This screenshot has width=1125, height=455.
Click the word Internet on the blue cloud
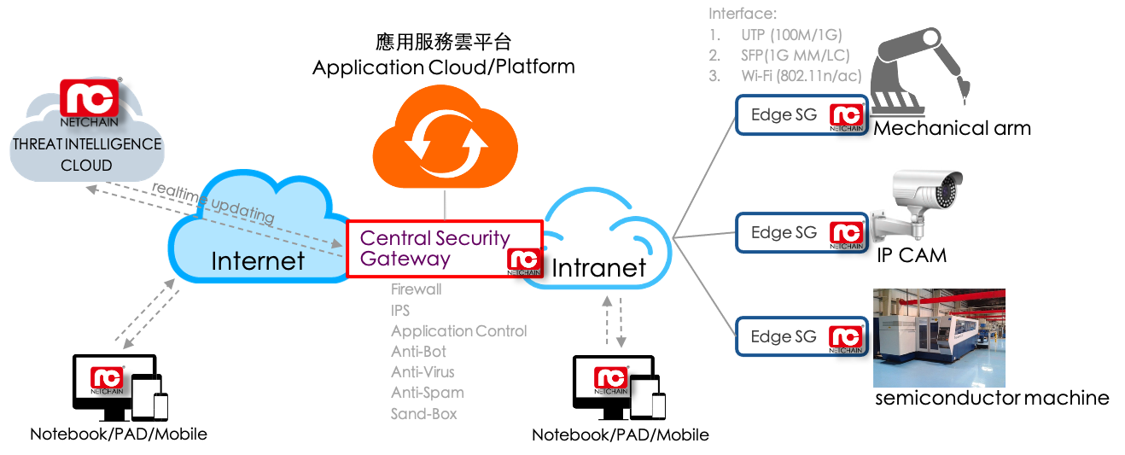[x=258, y=260]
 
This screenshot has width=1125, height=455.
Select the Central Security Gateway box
[x=444, y=248]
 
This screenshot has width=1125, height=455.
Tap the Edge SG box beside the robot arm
[x=801, y=115]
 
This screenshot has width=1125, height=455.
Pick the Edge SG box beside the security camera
[x=801, y=232]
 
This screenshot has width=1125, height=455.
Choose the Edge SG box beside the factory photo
[x=801, y=336]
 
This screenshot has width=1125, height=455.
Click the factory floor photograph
[x=939, y=338]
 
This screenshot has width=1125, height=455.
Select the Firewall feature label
[x=416, y=289]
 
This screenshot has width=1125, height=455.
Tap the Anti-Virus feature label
[x=423, y=372]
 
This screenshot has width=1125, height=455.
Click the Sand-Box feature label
[x=423, y=414]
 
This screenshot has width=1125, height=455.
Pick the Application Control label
[x=458, y=331]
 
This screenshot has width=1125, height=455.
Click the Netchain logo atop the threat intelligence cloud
[x=88, y=99]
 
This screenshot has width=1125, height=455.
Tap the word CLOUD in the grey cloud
[x=86, y=165]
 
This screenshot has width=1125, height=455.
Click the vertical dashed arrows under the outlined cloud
[x=614, y=322]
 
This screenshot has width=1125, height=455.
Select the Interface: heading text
[x=742, y=15]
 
